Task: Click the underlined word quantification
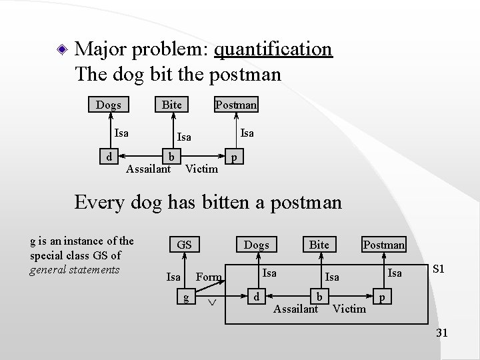[275, 49]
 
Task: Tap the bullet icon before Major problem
[61, 49]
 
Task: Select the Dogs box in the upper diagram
[108, 105]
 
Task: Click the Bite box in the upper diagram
[171, 105]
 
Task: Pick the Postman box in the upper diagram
[236, 105]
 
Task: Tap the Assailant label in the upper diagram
[148, 169]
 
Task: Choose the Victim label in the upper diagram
[201, 169]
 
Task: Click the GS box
[184, 245]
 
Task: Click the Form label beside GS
[209, 277]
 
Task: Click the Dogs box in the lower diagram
[256, 245]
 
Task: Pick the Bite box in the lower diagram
[319, 245]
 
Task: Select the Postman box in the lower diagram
[383, 245]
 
